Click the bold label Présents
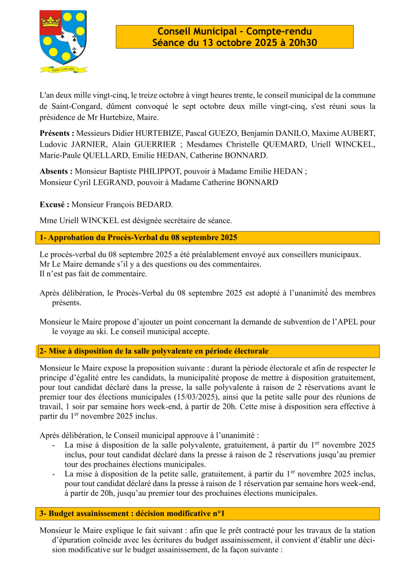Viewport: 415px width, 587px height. click(56, 133)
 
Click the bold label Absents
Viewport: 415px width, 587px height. click(56, 171)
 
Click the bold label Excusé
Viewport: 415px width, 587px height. click(54, 204)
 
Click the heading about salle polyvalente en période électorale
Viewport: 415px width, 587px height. click(154, 351)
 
